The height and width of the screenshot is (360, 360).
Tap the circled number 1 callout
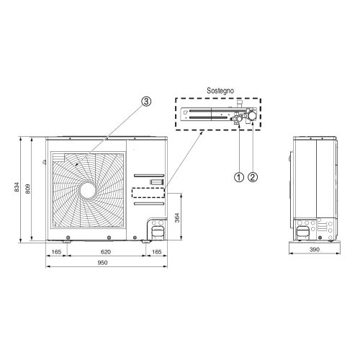[236, 175]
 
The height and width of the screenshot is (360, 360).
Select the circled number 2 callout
[253, 175]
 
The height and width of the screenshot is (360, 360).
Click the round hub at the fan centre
[89, 189]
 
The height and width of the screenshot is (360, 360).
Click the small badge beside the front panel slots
[155, 180]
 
